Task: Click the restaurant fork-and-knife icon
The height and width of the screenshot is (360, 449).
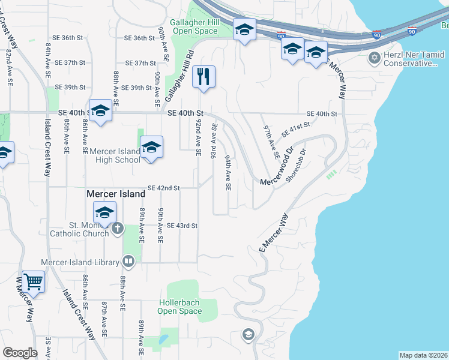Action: click(204, 76)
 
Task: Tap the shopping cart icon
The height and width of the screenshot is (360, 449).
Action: click(33, 280)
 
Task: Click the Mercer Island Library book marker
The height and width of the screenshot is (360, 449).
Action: click(128, 261)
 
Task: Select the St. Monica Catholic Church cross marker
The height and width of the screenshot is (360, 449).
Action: click(117, 228)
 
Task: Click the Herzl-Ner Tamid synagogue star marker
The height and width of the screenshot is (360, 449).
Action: click(375, 58)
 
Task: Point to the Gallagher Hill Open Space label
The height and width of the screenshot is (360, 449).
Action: click(193, 26)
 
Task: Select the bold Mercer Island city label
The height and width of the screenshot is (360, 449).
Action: click(116, 194)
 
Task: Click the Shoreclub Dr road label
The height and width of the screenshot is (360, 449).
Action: click(297, 165)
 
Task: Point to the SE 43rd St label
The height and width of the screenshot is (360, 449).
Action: click(182, 226)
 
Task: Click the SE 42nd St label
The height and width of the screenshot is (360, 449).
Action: click(164, 188)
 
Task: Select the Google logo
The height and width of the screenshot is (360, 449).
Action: click(20, 353)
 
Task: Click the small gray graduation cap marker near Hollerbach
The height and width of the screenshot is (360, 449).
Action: click(248, 334)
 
